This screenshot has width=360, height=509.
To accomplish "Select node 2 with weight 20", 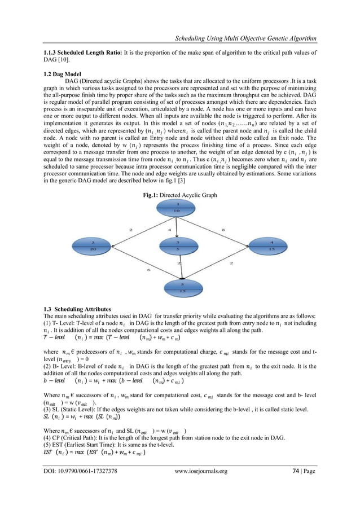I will tap(93, 245).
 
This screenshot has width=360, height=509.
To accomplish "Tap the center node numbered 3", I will tap(178, 245).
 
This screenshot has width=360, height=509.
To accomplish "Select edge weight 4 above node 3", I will tap(169, 230).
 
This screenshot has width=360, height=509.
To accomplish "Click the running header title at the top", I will tap(245, 39).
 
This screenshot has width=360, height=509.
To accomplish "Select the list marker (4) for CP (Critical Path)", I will tap(49, 441).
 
